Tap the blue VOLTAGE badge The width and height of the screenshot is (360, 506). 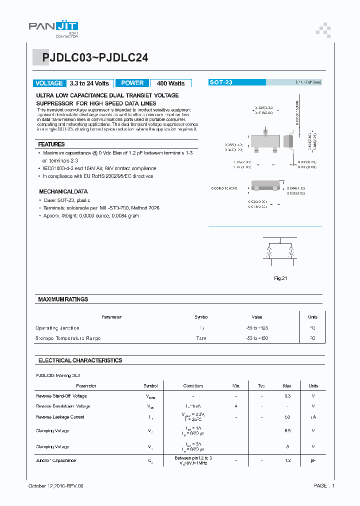tap(49, 83)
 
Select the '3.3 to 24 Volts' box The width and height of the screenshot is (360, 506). tap(89, 83)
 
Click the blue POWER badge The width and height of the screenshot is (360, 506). tap(132, 83)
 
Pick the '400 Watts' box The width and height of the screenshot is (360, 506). tap(170, 83)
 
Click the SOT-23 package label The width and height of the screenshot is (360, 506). tap(220, 82)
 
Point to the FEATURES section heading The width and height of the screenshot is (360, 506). tap(51, 144)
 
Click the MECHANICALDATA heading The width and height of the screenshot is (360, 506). tap(63, 191)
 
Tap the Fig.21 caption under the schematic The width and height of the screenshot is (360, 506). tap(280, 278)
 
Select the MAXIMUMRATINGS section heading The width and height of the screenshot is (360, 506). tap(63, 299)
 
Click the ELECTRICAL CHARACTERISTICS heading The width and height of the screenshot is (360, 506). tap(80, 360)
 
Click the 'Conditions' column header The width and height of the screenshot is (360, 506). tap(193, 386)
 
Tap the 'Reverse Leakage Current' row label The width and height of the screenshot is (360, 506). tap(60, 417)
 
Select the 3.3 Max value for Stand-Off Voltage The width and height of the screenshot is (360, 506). tap(287, 396)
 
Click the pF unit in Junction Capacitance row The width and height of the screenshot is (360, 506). tap(313, 460)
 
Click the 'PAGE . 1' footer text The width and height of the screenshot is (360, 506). tap(324, 486)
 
